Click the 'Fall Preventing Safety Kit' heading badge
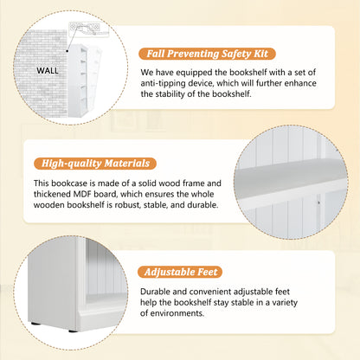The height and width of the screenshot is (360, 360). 207,54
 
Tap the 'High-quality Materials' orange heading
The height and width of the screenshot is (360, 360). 95,164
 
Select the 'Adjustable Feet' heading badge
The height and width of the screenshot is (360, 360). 180,272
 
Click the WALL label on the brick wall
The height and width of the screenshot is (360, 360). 48,71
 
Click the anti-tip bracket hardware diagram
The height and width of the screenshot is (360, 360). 89,29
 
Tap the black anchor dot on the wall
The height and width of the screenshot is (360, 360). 67,51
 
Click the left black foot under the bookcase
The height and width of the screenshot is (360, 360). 35,324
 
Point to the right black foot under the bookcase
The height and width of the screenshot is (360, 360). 74,331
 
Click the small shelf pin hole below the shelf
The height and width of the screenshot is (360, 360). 318,202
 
